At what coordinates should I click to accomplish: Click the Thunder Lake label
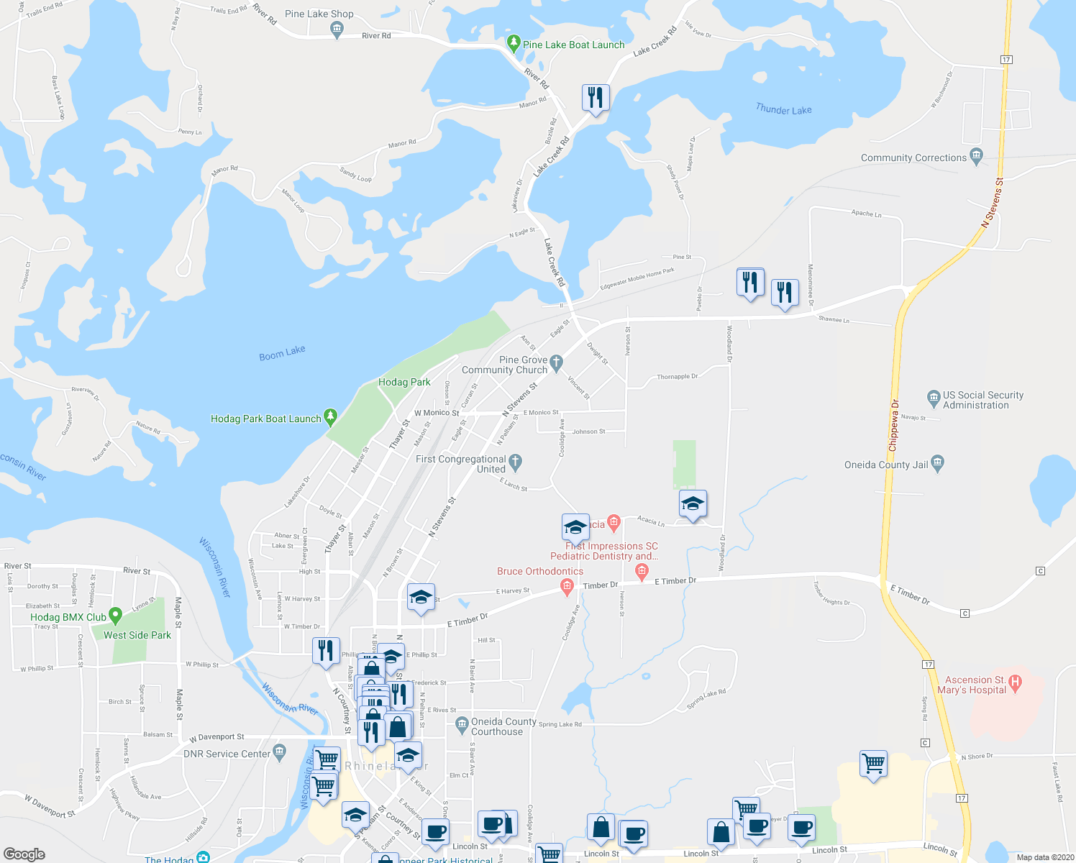(x=783, y=109)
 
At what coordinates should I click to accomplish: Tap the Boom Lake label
(x=282, y=353)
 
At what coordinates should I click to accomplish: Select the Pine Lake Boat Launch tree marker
(x=513, y=44)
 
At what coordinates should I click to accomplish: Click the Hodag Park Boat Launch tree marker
(x=330, y=416)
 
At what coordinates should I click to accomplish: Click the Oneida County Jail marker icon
(x=937, y=464)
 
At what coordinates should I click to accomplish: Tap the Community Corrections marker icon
(x=976, y=156)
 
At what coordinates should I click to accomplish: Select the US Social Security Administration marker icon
(x=934, y=397)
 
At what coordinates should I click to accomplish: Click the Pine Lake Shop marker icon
(x=336, y=29)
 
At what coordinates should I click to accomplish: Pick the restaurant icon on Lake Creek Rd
(x=596, y=97)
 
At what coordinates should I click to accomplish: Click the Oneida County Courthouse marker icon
(x=462, y=723)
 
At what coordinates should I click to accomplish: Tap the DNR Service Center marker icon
(x=280, y=752)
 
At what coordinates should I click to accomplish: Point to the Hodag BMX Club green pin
(x=116, y=616)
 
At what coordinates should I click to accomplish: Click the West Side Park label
(x=137, y=635)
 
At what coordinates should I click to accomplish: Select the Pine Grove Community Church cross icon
(x=556, y=363)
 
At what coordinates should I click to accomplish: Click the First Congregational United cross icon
(x=515, y=461)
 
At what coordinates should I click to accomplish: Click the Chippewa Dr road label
(x=893, y=425)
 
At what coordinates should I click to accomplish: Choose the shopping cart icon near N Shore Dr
(x=873, y=764)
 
